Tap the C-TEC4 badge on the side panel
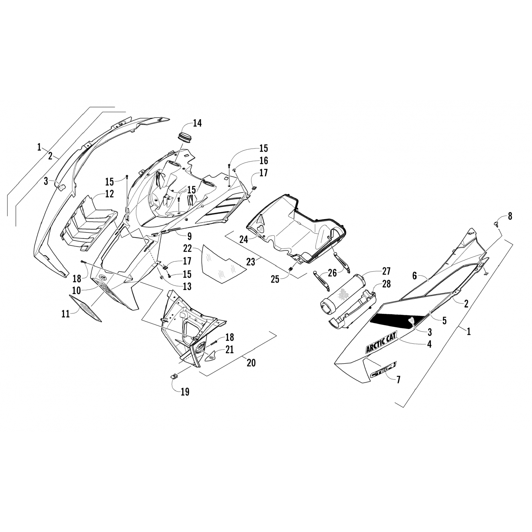[x=383, y=370]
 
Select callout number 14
[x=197, y=123]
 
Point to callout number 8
[x=510, y=216]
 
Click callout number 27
[x=386, y=272]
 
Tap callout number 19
[x=185, y=392]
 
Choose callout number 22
[x=188, y=248]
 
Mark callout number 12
[x=109, y=194]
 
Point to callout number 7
[x=398, y=379]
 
